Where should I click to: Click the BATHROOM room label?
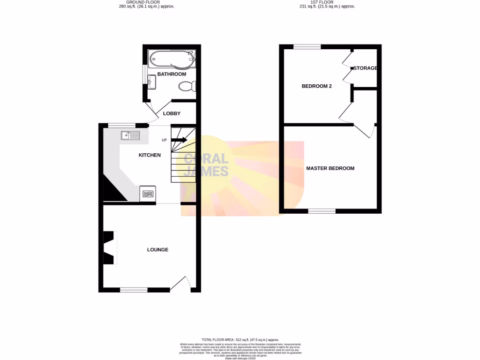pos(172,74)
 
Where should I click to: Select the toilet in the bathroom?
pos(187,86)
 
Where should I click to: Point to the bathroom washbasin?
pos(152,82)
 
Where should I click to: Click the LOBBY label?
pos(172,113)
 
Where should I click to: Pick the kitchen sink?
pos(130,135)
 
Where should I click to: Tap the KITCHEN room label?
pos(150,155)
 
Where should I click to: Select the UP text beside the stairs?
pos(164,140)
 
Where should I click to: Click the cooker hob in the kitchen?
pos(148,193)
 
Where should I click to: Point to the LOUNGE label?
pos(157,250)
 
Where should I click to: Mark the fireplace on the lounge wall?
pos(109,247)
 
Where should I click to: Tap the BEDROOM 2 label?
pos(317,86)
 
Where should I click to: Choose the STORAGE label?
pos(365,68)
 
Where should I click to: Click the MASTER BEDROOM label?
pos(330,168)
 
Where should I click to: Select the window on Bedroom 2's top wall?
pos(307,47)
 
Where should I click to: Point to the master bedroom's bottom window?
pos(322,211)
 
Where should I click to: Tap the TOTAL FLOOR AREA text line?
pos(240,339)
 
